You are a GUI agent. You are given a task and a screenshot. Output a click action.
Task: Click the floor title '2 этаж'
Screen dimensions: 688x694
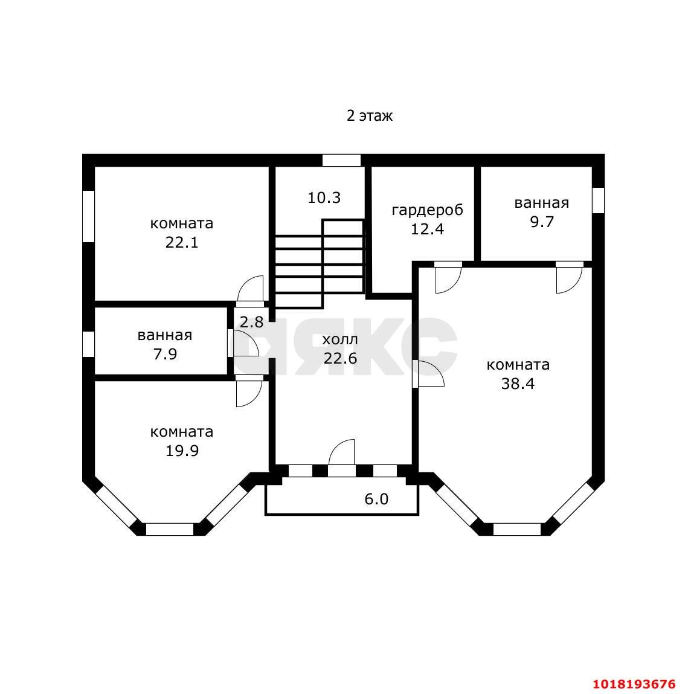[370, 116]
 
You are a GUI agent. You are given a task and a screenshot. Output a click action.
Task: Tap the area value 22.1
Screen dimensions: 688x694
[182, 243]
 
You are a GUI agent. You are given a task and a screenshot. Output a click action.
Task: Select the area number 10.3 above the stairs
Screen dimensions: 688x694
[324, 198]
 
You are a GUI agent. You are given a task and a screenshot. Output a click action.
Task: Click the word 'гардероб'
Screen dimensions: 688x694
[427, 210]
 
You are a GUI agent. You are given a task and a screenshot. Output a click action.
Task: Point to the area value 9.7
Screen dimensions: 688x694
[542, 222]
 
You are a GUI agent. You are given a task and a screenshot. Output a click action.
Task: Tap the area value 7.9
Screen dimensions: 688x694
[165, 354]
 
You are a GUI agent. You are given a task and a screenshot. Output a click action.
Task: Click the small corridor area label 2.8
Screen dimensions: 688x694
[251, 322]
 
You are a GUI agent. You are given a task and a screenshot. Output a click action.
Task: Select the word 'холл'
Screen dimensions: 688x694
[340, 340]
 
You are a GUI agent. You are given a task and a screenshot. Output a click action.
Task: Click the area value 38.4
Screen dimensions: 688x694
[518, 384]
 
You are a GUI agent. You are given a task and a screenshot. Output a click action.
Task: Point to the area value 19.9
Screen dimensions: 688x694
[182, 451]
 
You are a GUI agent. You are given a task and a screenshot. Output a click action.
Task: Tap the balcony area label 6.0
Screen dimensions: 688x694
[376, 500]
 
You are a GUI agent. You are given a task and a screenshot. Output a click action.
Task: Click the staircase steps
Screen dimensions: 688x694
[320, 264]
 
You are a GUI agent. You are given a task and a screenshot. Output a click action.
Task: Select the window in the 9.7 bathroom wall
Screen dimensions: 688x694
[598, 201]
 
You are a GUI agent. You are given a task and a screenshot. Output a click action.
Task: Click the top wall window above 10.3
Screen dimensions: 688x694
[341, 160]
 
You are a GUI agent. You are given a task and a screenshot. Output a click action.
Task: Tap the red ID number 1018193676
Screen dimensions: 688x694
[634, 684]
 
